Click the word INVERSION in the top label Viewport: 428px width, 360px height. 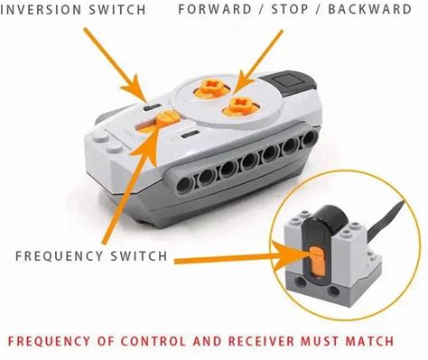[41, 10]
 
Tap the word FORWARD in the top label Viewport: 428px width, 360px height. [215, 9]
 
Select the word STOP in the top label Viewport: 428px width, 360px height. [290, 9]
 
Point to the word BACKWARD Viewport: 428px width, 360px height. [369, 9]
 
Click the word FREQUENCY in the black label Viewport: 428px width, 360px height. [60, 256]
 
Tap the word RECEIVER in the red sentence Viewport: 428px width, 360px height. [261, 341]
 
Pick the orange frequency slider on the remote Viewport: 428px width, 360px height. [168, 118]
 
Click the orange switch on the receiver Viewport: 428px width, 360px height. [316, 261]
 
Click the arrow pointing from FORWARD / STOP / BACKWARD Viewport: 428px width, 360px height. [256, 60]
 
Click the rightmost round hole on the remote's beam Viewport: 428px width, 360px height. [309, 139]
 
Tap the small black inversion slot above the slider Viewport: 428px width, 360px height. [152, 106]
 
